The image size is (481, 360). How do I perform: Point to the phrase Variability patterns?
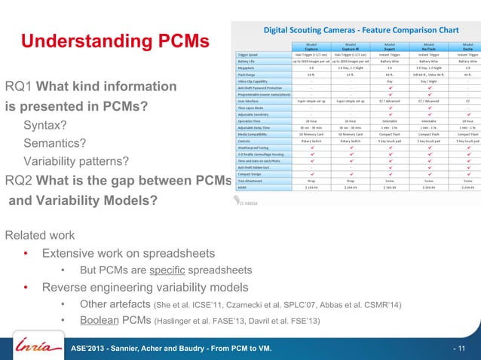[76, 161]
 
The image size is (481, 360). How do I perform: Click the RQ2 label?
[18, 181]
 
